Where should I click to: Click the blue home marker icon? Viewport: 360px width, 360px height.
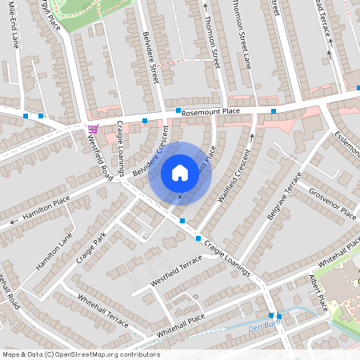click(x=180, y=173)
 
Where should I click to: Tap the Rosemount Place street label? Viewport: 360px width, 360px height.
click(x=210, y=113)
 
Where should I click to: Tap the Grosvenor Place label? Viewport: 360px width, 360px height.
click(x=334, y=203)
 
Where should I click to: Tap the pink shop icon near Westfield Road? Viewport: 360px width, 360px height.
click(x=93, y=129)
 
